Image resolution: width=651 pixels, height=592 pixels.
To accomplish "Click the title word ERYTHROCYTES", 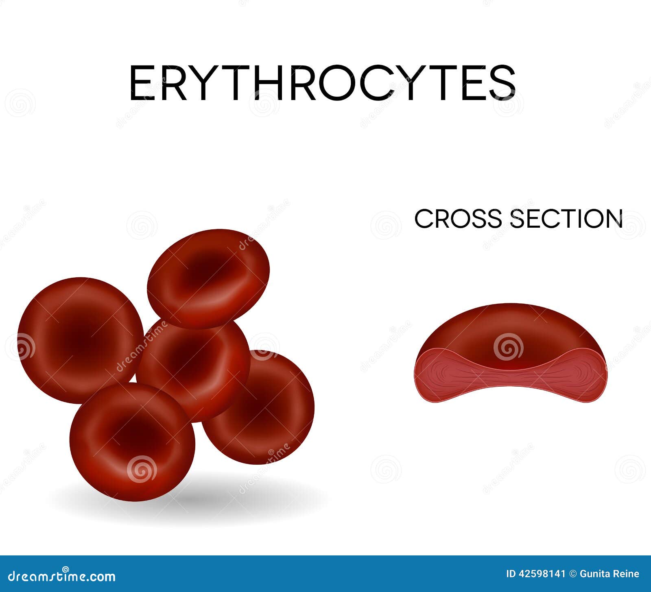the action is (322, 83).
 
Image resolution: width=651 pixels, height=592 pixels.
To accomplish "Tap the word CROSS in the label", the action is (458, 218).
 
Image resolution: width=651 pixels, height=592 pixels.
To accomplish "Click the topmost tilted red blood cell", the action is (208, 279).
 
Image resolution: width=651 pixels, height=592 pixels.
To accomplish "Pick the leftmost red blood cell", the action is (81, 340).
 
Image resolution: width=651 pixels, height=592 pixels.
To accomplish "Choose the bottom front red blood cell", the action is (132, 442).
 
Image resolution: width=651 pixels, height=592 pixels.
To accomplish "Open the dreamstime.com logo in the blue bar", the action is (62, 576).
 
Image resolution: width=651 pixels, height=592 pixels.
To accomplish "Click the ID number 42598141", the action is (542, 574).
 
